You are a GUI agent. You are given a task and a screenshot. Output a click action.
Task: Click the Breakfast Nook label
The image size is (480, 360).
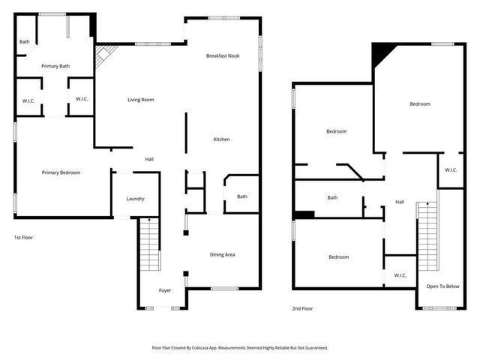pos(222,56)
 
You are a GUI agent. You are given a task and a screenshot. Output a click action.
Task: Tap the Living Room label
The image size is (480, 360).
pos(141,100)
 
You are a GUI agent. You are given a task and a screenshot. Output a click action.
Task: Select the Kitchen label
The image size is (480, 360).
pos(221,139)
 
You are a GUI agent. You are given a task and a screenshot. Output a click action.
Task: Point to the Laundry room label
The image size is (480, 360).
pos(135,199)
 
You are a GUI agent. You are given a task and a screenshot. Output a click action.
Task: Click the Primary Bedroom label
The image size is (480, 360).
pos(61,172)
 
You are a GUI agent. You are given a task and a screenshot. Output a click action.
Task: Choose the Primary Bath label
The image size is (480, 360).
pos(55,67)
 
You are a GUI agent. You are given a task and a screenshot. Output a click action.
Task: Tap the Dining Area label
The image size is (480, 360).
pos(221,255)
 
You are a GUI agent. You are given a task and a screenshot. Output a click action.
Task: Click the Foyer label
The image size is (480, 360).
pos(165,290)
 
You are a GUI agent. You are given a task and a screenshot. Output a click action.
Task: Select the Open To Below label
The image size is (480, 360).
pos(442,286)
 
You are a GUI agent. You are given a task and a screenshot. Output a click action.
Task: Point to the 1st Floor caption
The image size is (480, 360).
pos(23,238)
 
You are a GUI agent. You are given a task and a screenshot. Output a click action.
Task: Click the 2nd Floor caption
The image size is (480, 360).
pos(303,308)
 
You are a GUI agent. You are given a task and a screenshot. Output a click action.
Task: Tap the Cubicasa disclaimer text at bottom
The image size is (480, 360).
pos(240,348)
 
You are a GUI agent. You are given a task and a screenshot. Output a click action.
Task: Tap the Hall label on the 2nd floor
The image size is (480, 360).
pos(400,202)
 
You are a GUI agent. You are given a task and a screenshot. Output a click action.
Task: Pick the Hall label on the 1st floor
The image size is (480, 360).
pos(149,159)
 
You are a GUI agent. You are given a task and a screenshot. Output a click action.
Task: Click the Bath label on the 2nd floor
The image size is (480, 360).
pos(332,198)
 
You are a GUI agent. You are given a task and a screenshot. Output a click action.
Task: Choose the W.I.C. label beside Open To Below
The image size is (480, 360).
pos(400,275)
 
